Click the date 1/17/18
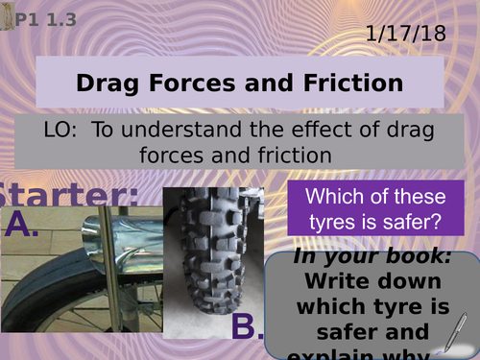coord(406,34)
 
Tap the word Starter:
coord(69,194)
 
